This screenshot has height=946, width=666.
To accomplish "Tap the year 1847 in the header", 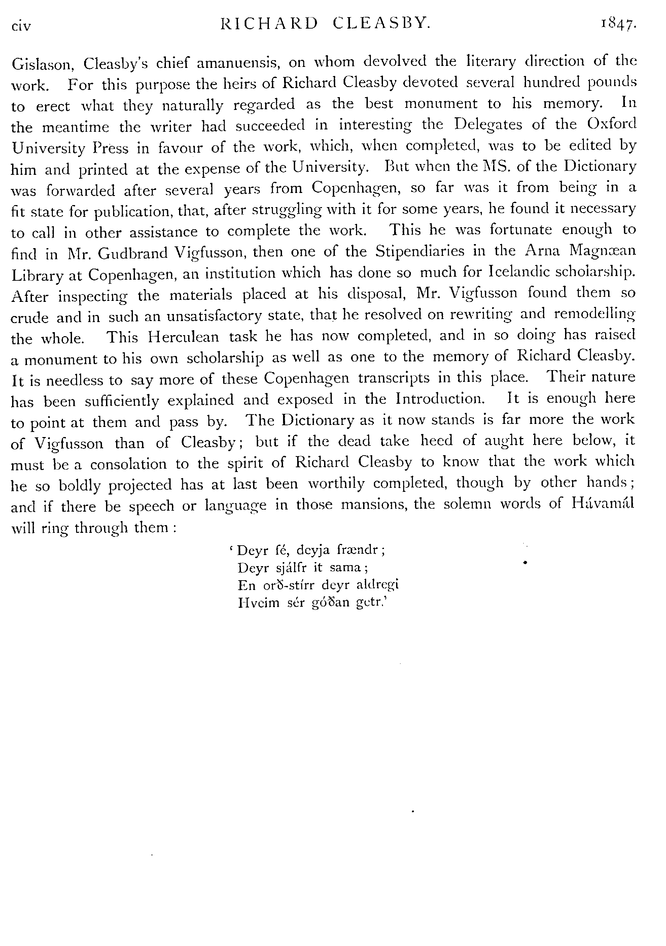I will (x=618, y=25).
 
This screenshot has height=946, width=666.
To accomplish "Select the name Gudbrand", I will (x=134, y=252).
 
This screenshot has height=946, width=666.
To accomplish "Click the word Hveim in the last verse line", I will (x=253, y=603).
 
